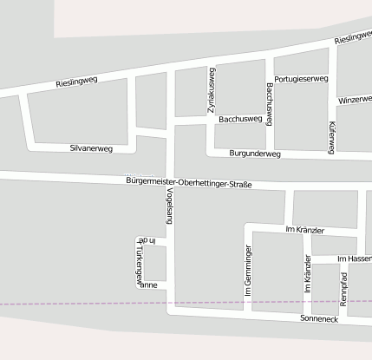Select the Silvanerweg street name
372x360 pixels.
click(x=91, y=148)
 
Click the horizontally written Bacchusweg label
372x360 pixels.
click(x=240, y=118)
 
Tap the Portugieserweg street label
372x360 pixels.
click(x=301, y=79)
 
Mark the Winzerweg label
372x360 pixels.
click(x=355, y=100)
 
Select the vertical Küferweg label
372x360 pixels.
click(x=331, y=137)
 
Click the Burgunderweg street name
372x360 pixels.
click(x=256, y=154)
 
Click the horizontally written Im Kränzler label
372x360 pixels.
click(x=304, y=230)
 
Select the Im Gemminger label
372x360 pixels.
click(x=248, y=272)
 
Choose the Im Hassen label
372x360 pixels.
click(x=354, y=259)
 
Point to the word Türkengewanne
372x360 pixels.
click(x=139, y=263)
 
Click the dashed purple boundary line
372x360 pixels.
click(x=87, y=303)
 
